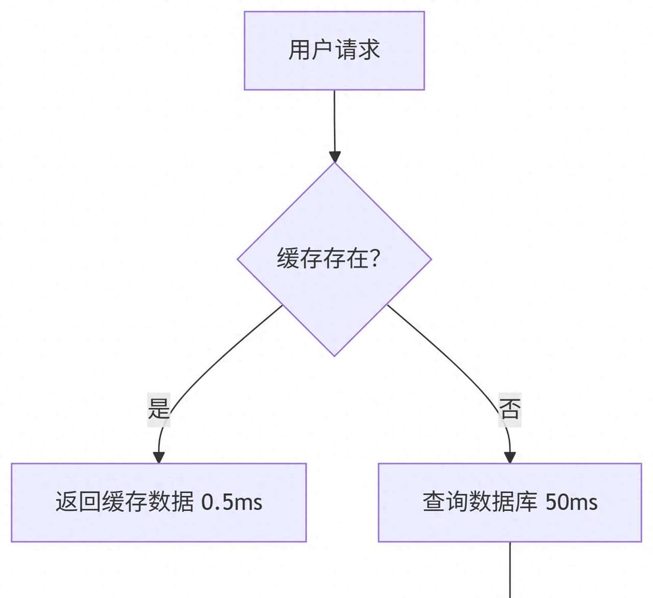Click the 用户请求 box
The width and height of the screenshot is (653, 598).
point(334,51)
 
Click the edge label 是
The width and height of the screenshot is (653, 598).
point(158,409)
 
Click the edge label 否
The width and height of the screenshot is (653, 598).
point(510,409)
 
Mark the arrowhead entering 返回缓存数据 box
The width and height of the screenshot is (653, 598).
point(159,457)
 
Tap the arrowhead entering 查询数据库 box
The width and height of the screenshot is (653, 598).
point(510,457)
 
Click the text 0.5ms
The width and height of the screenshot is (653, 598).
point(232,503)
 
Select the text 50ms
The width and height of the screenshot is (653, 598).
point(571,503)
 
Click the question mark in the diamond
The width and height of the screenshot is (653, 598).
point(375,258)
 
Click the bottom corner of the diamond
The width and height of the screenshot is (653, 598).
point(334,355)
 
